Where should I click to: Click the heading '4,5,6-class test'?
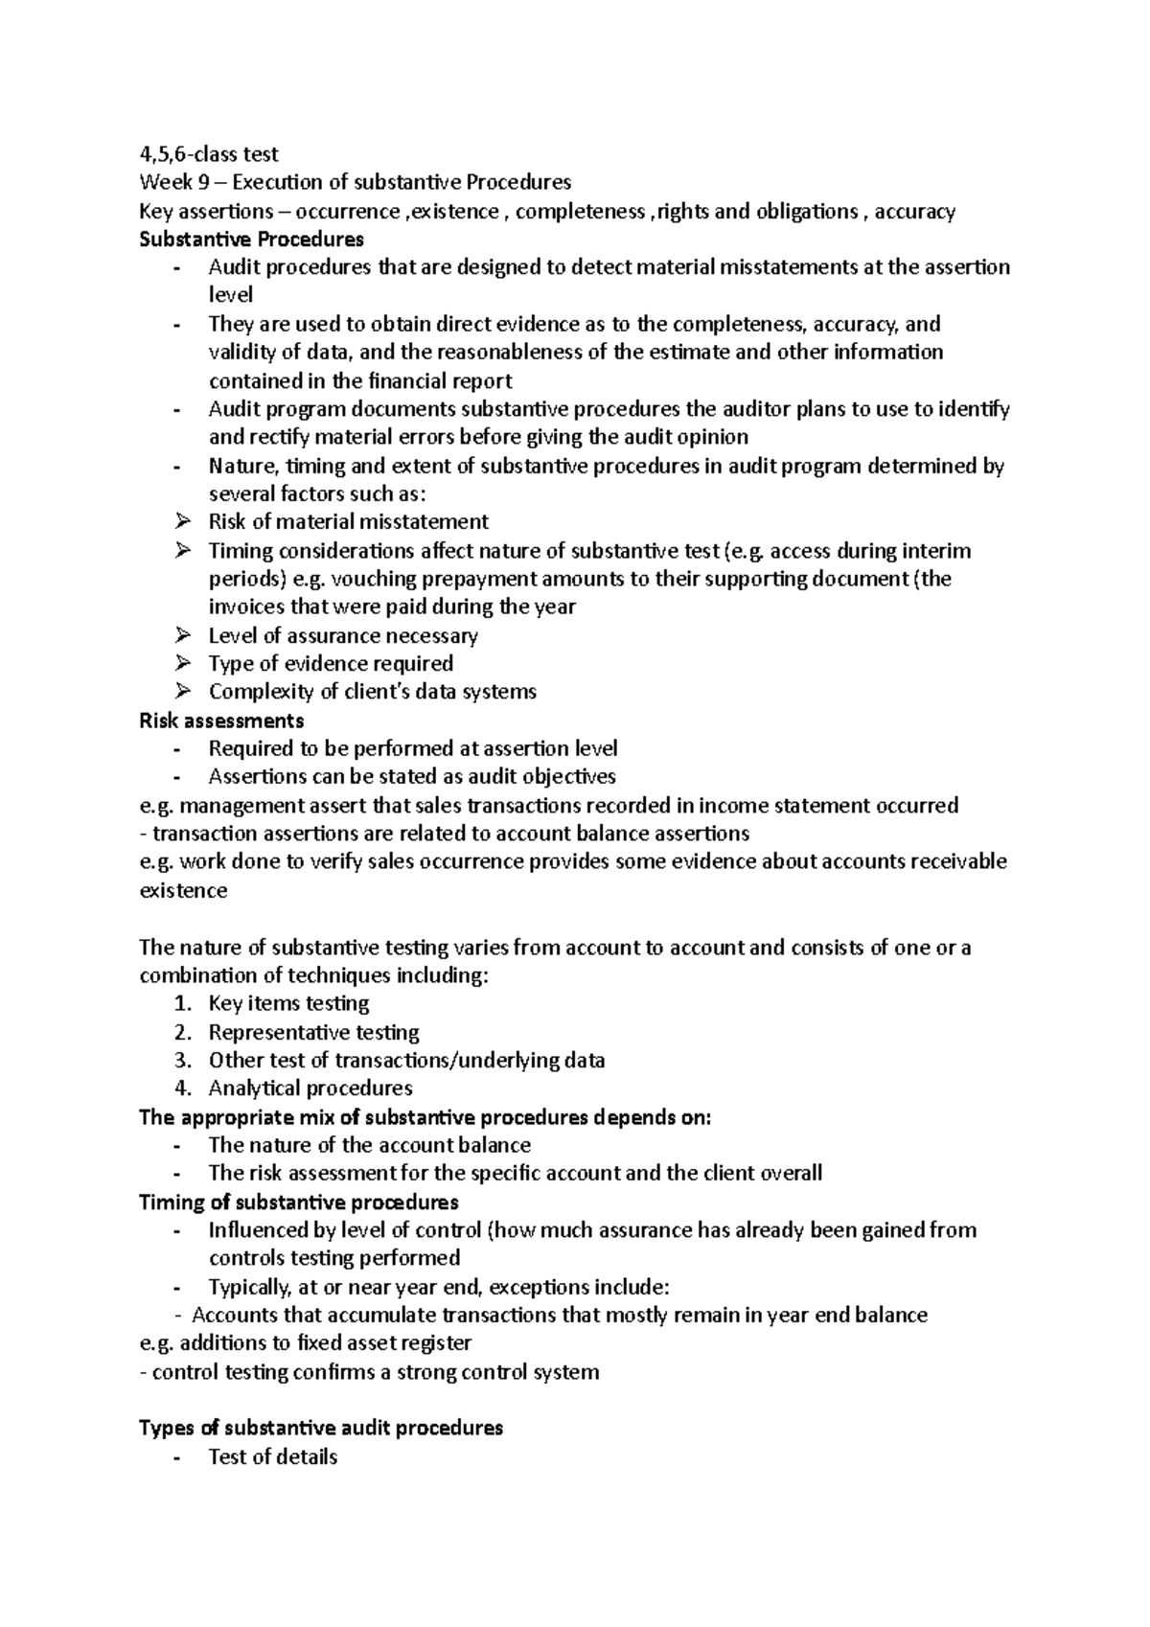coord(209,153)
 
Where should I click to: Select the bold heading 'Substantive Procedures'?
coord(251,239)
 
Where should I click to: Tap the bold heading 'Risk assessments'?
coord(221,720)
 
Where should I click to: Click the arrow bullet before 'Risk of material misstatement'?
coord(183,521)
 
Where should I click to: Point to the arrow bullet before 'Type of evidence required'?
coord(183,663)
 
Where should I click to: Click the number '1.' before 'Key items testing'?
coord(183,1003)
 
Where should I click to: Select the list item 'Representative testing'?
coord(313,1032)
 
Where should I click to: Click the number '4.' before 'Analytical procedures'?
coord(183,1088)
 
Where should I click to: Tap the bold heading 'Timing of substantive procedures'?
coord(299,1202)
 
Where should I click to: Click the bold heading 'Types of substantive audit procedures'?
coord(321,1428)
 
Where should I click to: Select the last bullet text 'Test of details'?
coord(273,1457)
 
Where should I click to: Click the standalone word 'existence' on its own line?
coord(183,890)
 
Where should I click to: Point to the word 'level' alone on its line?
coord(230,295)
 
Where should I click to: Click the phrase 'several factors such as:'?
coord(316,493)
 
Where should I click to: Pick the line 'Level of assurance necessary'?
coord(342,635)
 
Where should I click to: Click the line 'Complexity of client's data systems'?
coord(372,692)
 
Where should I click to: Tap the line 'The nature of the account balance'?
coord(369,1145)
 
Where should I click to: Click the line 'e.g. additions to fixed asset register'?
coord(305,1343)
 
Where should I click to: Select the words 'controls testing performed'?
coord(334,1258)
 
